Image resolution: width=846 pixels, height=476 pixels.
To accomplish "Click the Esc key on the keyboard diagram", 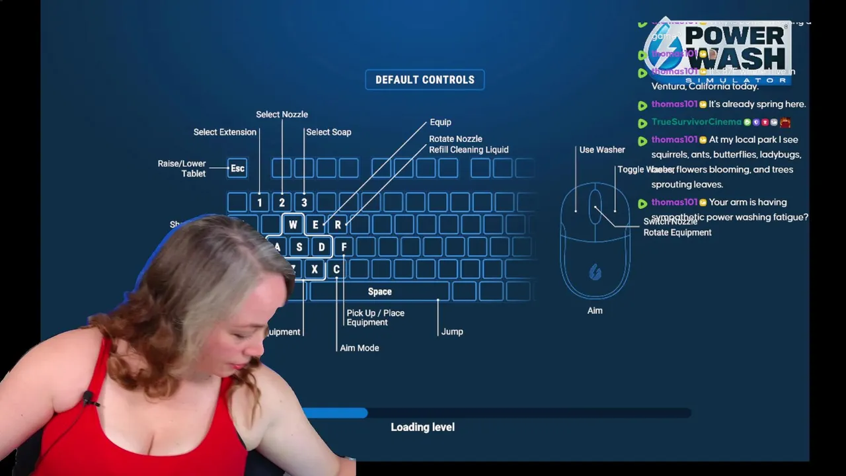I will [x=237, y=169].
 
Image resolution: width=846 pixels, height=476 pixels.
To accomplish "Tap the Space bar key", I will [x=379, y=292].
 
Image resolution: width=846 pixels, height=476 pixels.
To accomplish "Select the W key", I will [x=293, y=225].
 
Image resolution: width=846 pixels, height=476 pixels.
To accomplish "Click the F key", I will [x=344, y=247].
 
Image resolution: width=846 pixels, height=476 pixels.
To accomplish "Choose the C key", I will [x=336, y=270].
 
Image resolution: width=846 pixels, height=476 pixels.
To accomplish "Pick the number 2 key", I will [x=282, y=202].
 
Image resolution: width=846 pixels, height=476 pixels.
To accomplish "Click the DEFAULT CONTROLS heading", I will [x=425, y=80].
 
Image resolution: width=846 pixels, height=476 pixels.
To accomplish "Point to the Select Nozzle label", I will [x=282, y=114].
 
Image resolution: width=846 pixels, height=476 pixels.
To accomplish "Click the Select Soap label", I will [x=328, y=132].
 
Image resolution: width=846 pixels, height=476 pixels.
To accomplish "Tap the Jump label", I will [x=452, y=332].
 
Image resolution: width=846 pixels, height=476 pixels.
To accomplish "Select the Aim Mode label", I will [x=360, y=348].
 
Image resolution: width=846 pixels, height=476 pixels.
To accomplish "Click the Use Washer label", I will [x=602, y=150].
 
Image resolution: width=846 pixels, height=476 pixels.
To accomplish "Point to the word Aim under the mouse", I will [x=595, y=311].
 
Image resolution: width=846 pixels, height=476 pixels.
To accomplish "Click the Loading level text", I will [x=422, y=427].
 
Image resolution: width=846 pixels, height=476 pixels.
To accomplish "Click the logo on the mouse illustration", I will [x=595, y=272].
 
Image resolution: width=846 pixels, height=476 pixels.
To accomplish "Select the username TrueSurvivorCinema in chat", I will [x=697, y=122].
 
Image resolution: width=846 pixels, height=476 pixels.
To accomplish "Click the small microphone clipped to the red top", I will [x=88, y=397].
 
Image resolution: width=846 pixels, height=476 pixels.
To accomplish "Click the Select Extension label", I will [x=225, y=132].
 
